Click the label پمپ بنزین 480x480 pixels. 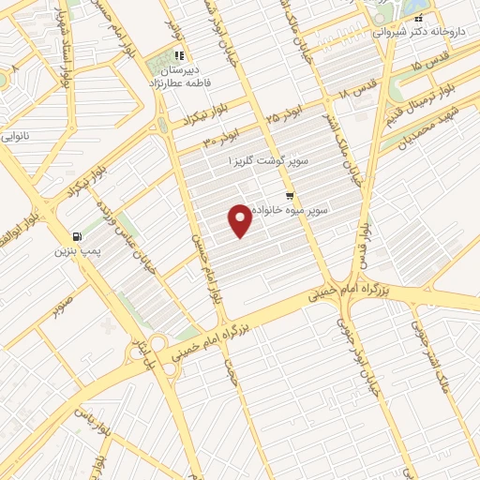pos(76,253)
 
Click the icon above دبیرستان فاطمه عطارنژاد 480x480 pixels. pos(180,55)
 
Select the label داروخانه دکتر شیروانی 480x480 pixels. pos(419,31)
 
